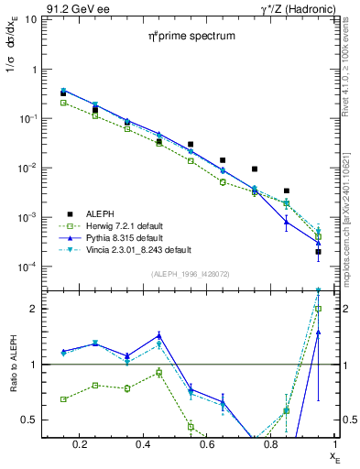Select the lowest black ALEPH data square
click(318, 252)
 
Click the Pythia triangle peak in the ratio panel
click(158, 335)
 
